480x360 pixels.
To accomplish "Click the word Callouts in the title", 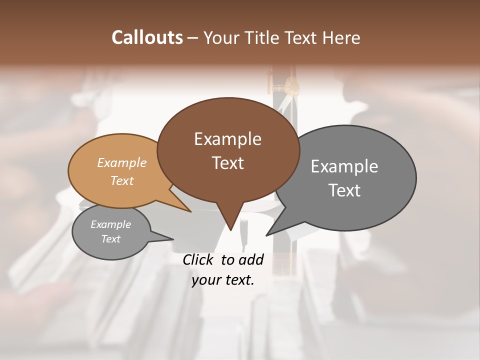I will pos(147,38).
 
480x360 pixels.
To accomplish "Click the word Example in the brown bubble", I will pos(227,139).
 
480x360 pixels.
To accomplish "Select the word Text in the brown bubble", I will pos(227,163).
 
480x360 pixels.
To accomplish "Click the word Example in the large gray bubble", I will pos(344,166).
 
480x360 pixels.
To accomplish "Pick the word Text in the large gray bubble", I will pos(344,190).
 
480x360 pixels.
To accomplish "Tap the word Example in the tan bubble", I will pos(122,163).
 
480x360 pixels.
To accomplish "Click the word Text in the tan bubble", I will pos(122,180).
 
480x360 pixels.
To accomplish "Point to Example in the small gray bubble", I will pos(111,224).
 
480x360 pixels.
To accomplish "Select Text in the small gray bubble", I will pos(111,239).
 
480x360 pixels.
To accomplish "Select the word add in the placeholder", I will pos(251,259).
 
